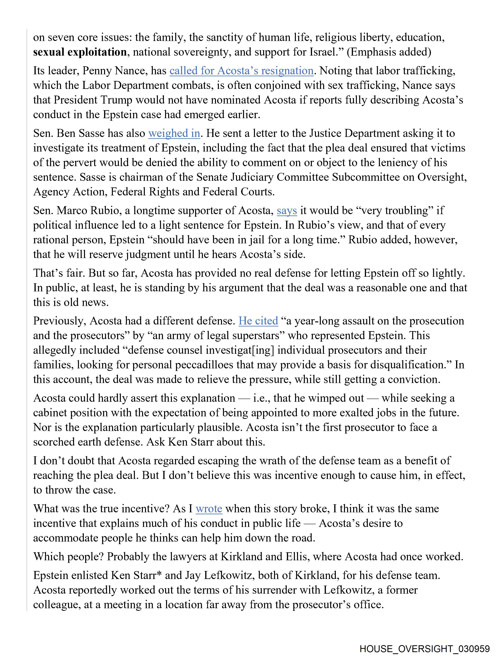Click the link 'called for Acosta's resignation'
(241, 71)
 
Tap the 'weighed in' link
(174, 133)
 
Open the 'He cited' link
(258, 321)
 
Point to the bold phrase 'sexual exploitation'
(80, 52)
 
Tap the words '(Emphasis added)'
(389, 52)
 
